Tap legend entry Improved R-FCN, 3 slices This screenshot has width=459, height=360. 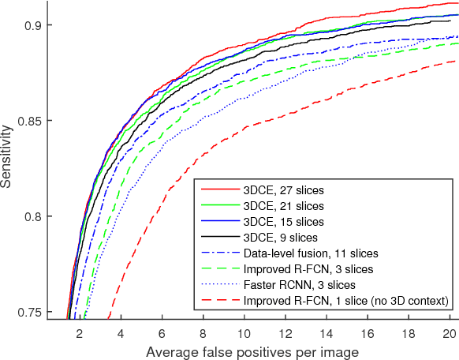tap(308, 269)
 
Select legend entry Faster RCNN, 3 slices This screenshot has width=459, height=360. tap(300, 285)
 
